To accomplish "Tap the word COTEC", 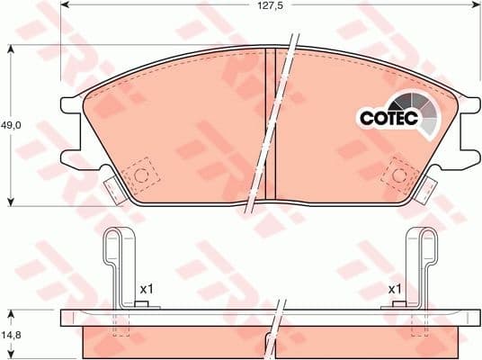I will [386, 117].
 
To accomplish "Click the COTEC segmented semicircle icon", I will [421, 112].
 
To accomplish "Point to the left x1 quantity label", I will [148, 290].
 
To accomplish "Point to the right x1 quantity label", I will [395, 290].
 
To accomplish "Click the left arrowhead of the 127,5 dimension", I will [63, 8].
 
